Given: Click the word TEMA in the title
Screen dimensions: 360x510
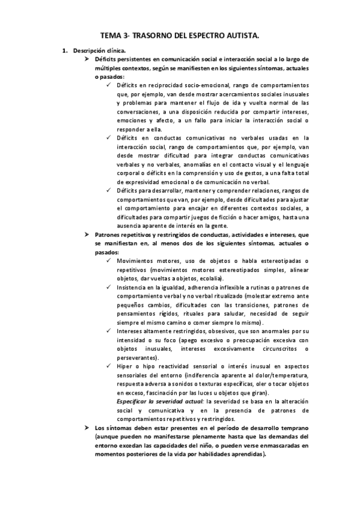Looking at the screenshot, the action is [110, 36].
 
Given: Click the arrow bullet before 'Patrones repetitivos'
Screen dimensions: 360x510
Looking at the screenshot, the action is [87, 233].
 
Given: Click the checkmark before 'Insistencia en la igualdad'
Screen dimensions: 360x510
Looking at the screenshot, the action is [108, 287].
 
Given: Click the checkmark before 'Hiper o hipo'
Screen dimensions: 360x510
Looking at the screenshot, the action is [108, 366].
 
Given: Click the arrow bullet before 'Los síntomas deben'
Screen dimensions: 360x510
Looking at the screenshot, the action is [87, 427].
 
